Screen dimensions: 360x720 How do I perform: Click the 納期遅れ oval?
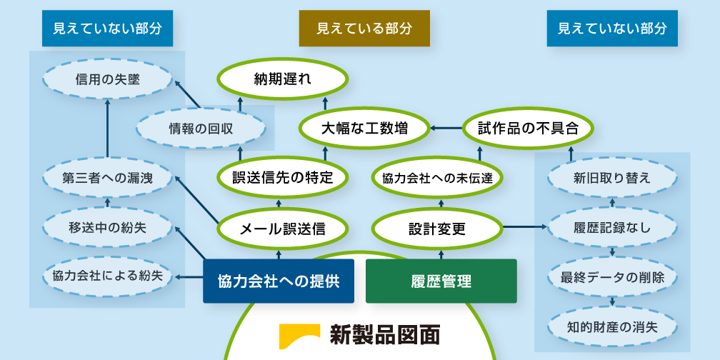[283, 79]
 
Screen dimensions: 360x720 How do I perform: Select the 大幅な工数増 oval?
[364, 129]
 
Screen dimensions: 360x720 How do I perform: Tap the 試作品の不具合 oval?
[527, 129]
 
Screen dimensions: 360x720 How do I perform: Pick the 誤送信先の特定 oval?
[283, 178]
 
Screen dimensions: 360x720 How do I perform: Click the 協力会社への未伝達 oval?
[437, 178]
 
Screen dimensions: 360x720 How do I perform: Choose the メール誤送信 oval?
[283, 229]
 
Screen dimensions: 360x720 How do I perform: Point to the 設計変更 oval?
[437, 229]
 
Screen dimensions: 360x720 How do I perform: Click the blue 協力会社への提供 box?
[279, 281]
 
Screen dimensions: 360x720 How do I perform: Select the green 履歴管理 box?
[441, 281]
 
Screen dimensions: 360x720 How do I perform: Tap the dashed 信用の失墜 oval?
[107, 81]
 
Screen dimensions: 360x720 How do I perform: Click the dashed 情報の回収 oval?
[201, 129]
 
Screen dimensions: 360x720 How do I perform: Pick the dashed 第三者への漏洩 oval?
[107, 178]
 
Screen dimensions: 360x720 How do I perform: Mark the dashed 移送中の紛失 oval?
[107, 229]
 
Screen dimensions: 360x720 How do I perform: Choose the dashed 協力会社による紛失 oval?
[107, 276]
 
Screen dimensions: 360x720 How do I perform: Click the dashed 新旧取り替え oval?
[612, 178]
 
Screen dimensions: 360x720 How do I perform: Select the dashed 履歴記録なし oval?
[612, 229]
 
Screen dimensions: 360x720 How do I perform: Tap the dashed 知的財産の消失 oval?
[612, 327]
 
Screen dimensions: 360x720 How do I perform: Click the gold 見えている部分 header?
[364, 29]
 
